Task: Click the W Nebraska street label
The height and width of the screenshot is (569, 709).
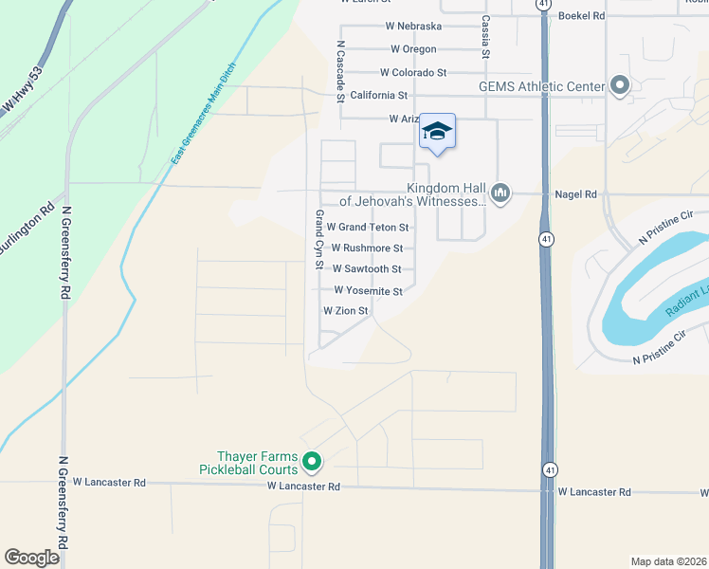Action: click(x=413, y=26)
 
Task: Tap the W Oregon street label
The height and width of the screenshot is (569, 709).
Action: click(x=413, y=49)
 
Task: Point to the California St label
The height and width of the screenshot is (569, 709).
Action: click(x=378, y=96)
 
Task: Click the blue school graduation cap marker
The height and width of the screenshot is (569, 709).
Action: click(x=437, y=131)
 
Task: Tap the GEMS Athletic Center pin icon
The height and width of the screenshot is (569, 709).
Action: click(x=620, y=87)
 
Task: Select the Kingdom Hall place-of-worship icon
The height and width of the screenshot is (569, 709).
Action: click(x=501, y=194)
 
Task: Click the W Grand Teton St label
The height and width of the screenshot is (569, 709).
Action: click(x=368, y=228)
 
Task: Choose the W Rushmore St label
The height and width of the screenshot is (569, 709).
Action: click(x=367, y=248)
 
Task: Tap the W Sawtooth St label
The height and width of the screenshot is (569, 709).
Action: click(x=367, y=269)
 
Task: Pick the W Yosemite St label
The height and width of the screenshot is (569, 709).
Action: click(x=368, y=291)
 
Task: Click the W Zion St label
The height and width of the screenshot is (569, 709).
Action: click(x=345, y=311)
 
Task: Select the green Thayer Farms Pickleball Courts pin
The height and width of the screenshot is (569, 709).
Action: click(x=313, y=463)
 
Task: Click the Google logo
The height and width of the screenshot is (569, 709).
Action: click(x=31, y=558)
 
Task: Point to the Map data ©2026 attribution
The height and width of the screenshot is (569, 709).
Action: click(x=668, y=561)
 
